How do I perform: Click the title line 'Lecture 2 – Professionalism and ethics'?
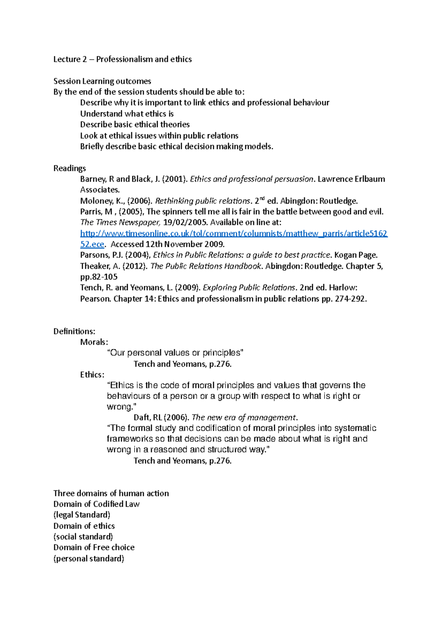click(122, 59)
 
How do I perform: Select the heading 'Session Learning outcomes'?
click(102, 81)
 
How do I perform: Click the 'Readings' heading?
click(69, 168)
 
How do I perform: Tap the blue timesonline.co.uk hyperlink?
click(234, 233)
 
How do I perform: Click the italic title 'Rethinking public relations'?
click(203, 201)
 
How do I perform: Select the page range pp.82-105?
click(99, 277)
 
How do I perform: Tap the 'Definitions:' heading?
click(74, 331)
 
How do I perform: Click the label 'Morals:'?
click(94, 342)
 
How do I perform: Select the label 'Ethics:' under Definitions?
click(92, 375)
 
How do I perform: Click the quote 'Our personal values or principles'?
click(175, 353)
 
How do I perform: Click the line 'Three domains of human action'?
click(111, 493)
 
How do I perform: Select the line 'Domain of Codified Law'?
click(96, 504)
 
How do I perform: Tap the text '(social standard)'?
click(83, 537)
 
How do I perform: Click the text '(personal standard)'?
click(88, 558)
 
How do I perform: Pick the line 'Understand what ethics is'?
click(127, 114)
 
